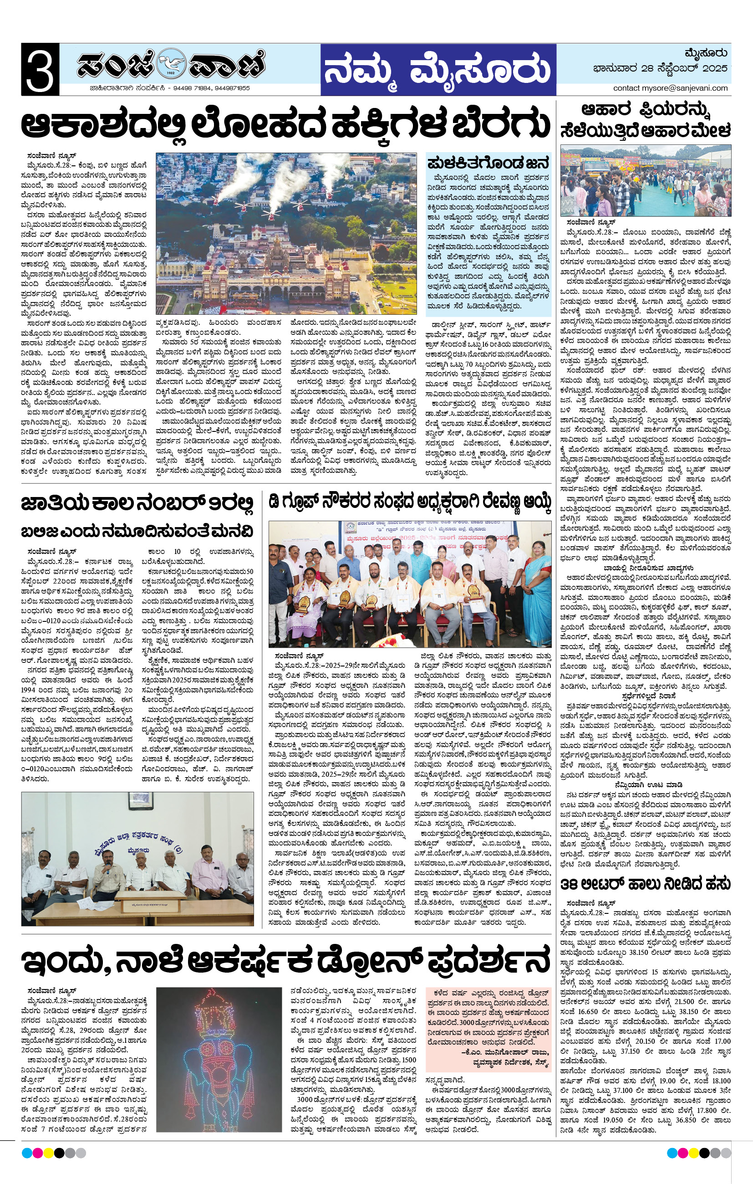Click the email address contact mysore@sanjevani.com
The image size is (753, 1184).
670,88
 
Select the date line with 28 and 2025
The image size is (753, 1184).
660,68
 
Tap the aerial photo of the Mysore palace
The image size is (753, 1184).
286,233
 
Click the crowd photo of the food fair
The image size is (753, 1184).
646,180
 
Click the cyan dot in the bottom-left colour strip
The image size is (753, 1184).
26,1153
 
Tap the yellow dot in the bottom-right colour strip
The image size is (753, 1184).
693,1153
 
